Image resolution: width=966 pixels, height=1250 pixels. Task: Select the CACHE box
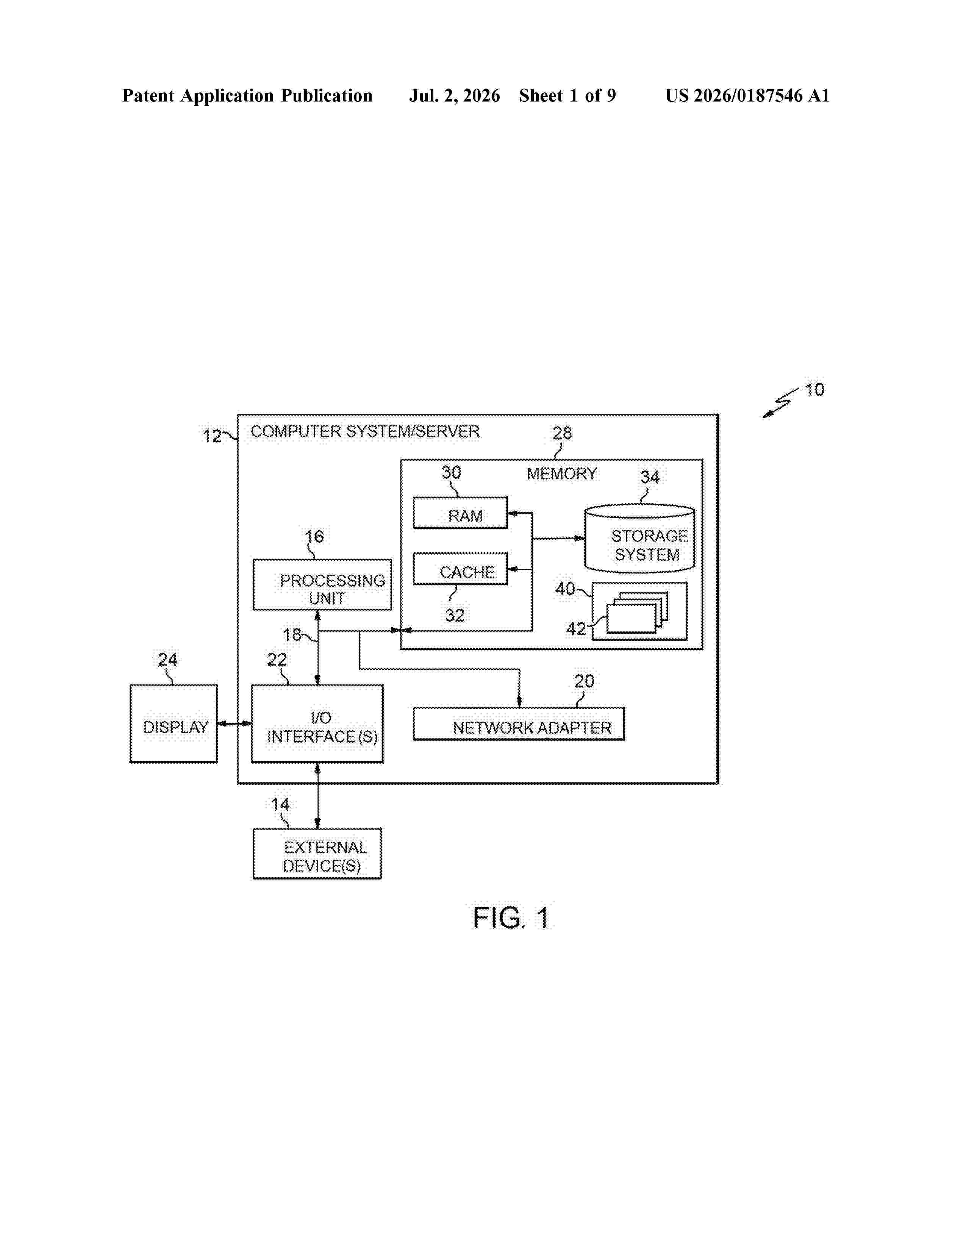460,568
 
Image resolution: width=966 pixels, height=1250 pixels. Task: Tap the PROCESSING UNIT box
322,584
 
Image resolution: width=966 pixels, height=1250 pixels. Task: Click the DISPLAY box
174,723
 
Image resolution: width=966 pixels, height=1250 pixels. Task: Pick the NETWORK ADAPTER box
519,724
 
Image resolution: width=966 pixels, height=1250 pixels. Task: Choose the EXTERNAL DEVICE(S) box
317,853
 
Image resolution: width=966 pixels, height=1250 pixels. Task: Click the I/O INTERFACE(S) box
317,723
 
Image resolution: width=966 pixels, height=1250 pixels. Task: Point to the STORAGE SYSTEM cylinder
639,538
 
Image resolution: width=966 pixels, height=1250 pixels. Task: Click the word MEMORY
561,473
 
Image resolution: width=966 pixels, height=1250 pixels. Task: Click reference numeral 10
814,390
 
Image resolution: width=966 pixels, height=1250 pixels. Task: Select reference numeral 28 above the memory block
562,433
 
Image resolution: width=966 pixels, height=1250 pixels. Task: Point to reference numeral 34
650,477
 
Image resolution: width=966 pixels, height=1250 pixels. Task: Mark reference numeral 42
576,629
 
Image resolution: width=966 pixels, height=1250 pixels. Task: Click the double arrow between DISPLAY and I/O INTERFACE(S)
234,724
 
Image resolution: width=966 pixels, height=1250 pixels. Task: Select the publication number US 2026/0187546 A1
747,95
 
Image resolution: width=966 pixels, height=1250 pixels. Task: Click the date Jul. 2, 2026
454,95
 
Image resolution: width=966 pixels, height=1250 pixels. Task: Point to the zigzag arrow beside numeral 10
781,403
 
